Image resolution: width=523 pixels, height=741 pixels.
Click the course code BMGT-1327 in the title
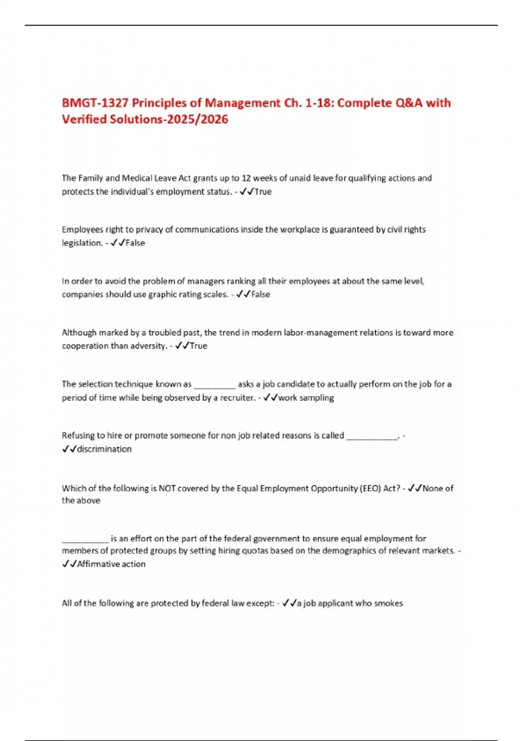95,103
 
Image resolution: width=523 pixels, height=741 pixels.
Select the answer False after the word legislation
135,243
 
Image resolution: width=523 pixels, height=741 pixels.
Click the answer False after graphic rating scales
261,294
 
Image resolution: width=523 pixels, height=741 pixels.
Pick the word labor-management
321,333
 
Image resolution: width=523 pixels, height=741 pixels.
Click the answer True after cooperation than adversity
199,346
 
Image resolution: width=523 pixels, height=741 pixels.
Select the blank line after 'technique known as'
214,385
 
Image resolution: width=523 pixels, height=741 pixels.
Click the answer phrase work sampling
306,398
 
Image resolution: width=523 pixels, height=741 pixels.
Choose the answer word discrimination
104,449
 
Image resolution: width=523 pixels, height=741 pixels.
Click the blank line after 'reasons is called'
372,436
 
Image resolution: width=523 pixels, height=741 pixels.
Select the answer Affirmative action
111,564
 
